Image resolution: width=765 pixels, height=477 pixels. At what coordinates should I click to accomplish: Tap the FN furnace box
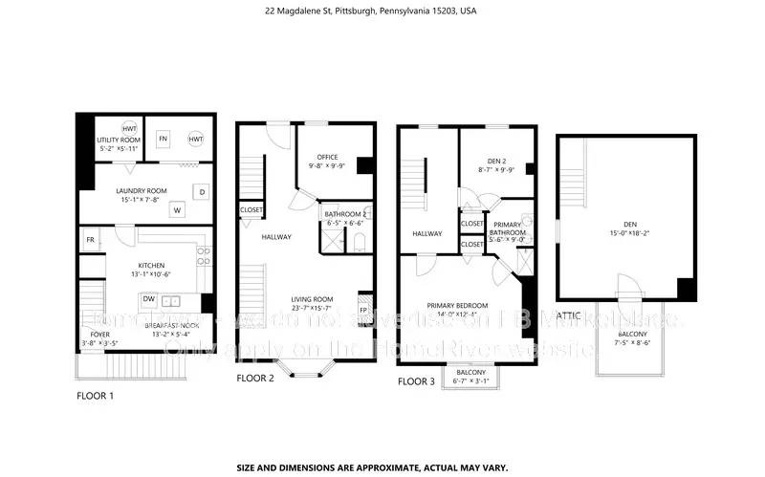[163, 138]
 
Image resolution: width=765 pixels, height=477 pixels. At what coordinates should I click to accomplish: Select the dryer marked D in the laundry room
[203, 191]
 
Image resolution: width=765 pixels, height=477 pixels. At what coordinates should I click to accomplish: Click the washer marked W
[177, 209]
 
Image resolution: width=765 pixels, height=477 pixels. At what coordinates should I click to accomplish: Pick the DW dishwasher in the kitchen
[149, 298]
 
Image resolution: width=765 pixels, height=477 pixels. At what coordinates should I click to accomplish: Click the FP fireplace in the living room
[363, 310]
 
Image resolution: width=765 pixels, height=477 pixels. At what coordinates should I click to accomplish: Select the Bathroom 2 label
[345, 214]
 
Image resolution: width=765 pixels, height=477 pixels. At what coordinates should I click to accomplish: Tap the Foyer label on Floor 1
[100, 335]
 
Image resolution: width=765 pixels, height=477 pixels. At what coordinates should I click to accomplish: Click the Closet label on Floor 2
[251, 209]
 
